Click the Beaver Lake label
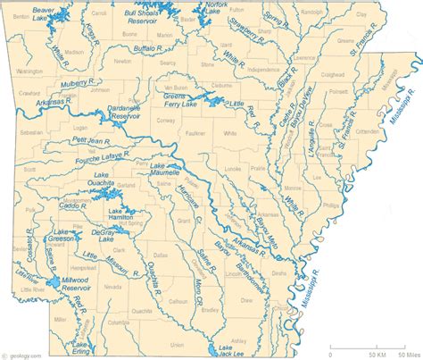coord(40,13)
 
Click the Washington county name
coord(29,70)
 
